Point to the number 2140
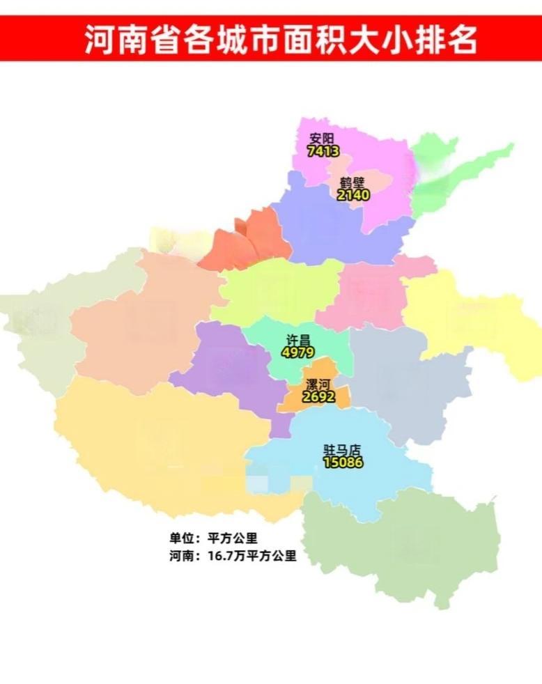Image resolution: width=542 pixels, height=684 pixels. pyautogui.click(x=353, y=195)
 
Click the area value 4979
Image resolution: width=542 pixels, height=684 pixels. pyautogui.click(x=298, y=352)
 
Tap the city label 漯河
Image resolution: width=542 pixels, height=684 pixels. pyautogui.click(x=318, y=385)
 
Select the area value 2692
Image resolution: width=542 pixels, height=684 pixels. pyautogui.click(x=318, y=397)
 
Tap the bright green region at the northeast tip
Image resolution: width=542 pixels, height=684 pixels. pyautogui.click(x=453, y=174)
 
